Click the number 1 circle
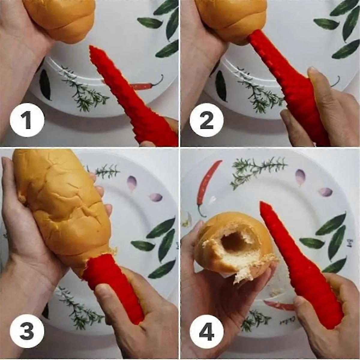[27, 120]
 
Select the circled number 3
[27, 330]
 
